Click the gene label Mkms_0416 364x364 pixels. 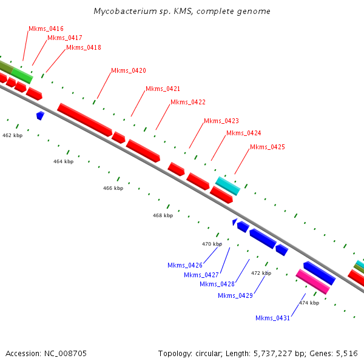pos(46,29)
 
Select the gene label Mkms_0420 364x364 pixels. pos(129,71)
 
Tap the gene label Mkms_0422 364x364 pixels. pos(188,102)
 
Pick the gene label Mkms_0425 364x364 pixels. pos(268,147)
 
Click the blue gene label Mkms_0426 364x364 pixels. pos(185,265)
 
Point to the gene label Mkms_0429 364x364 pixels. pos(235,295)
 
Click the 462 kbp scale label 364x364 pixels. pos(12,135)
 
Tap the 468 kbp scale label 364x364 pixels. pos(163,215)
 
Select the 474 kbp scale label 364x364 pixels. pos(309,303)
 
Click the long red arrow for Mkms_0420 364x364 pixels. pos(85,120)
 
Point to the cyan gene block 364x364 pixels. pos(227,186)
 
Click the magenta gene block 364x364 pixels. pos(312,282)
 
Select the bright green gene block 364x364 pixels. pos(22,75)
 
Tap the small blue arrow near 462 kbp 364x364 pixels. pos(40,115)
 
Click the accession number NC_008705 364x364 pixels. pos(65,353)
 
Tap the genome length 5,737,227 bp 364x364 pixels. pos(277,353)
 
